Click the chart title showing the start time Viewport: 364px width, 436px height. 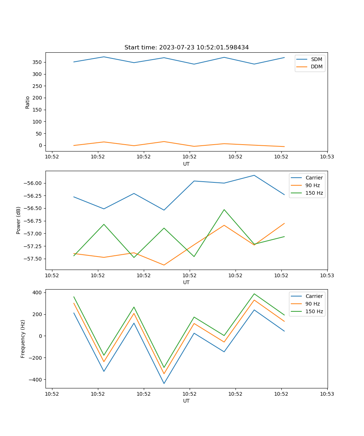tap(186, 48)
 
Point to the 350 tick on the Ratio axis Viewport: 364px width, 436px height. tap(37, 62)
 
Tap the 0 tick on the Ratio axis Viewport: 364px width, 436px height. tap(41, 145)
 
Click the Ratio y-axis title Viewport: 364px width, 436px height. tap(28, 102)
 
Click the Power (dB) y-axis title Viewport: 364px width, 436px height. tap(19, 220)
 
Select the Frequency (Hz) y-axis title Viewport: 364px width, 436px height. tap(23, 339)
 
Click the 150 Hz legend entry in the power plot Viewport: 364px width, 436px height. tap(314, 193)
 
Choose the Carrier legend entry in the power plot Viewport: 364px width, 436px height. tap(314, 178)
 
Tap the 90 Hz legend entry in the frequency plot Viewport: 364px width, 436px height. tap(313, 304)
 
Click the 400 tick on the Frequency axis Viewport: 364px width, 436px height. tap(38, 292)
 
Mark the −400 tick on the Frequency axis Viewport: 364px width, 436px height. tap(36, 379)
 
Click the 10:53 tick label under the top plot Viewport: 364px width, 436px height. tap(327, 157)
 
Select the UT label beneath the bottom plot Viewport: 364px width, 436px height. tap(186, 401)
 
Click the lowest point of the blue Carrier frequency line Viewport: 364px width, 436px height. tap(164, 383)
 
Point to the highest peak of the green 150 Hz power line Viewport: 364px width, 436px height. tap(224, 210)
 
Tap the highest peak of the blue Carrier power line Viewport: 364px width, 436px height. tap(254, 175)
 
